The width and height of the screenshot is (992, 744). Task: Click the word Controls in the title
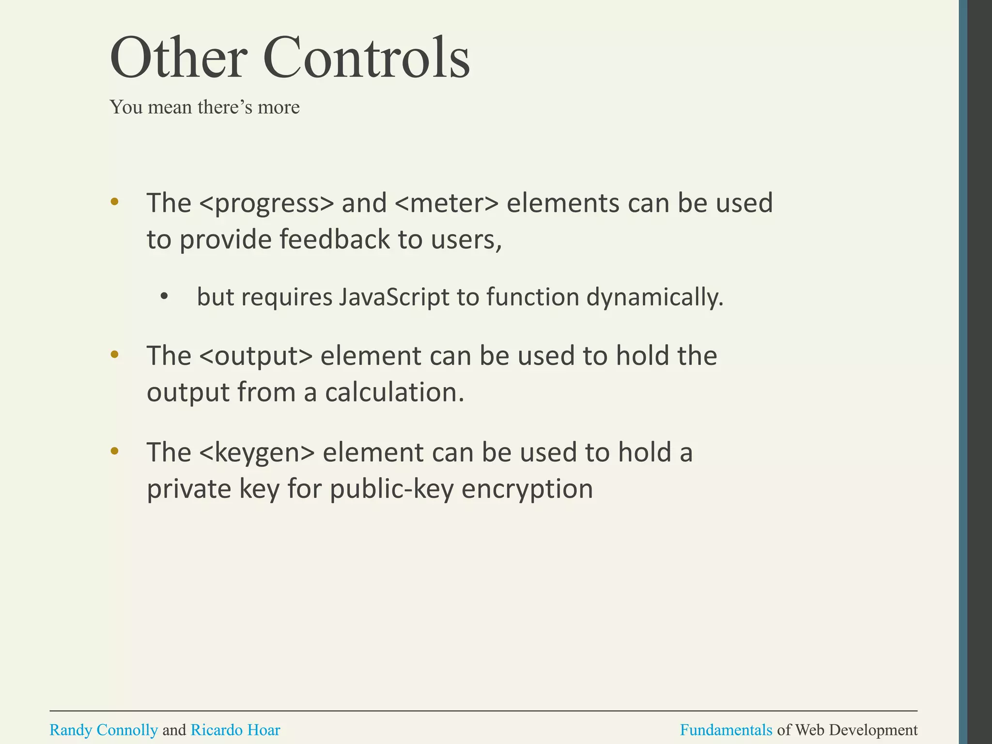[x=367, y=58]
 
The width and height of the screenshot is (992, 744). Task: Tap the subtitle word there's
[x=225, y=107]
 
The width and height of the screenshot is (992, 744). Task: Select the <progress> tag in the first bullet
[x=266, y=203]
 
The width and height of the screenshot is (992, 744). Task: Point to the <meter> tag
[x=447, y=203]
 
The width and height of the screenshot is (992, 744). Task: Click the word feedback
[x=335, y=239]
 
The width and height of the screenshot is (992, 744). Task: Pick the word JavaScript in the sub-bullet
[x=394, y=297]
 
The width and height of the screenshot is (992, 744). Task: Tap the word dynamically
[x=655, y=297]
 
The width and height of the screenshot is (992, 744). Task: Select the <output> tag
[x=256, y=356]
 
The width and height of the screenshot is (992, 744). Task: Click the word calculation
[x=394, y=392]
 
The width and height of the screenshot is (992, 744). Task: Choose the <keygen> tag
[x=257, y=453]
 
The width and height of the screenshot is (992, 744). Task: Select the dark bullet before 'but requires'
[x=164, y=297]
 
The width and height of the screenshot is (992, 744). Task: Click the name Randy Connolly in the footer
[x=104, y=729]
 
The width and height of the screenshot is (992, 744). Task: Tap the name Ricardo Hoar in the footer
[x=235, y=729]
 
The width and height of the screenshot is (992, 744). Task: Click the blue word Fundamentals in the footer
[x=726, y=729]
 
